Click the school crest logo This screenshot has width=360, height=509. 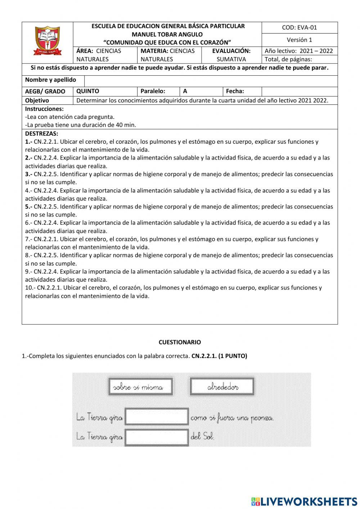pyautogui.click(x=48, y=41)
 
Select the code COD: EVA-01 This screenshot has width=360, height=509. pyautogui.click(x=300, y=27)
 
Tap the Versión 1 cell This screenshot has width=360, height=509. pyautogui.click(x=300, y=40)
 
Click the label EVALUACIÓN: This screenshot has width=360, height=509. pyautogui.click(x=231, y=51)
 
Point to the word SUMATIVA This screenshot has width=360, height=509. pyautogui.click(x=231, y=59)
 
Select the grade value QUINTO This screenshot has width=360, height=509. pyautogui.click(x=88, y=91)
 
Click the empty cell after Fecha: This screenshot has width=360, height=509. pyautogui.click(x=299, y=91)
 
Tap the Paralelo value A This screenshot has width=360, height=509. pyautogui.click(x=185, y=91)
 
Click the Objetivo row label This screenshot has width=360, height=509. pyautogui.click(x=37, y=101)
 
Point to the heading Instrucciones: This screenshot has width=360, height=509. pyautogui.click(x=44, y=109)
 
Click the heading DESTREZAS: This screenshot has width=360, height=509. pyautogui.click(x=41, y=134)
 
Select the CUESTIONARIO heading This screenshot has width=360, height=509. pyautogui.click(x=180, y=342)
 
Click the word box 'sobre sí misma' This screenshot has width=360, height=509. pyautogui.click(x=140, y=387)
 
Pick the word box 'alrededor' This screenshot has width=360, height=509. pyautogui.click(x=222, y=387)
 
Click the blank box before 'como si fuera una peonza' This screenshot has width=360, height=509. pyautogui.click(x=157, y=416)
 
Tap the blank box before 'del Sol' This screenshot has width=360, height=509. pyautogui.click(x=157, y=437)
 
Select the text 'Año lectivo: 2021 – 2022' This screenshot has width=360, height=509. pyautogui.click(x=299, y=51)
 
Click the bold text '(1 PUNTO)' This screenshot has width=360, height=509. pyautogui.click(x=233, y=356)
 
